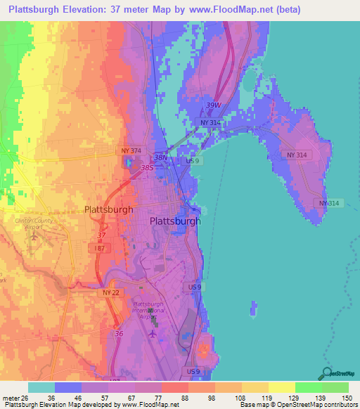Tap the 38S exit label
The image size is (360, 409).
tap(146, 168)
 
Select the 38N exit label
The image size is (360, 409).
tap(161, 158)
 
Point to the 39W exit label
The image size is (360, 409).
tap(212, 105)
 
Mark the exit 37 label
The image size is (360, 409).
tap(102, 235)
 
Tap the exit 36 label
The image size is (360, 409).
tap(118, 334)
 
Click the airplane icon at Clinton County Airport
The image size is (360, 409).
tap(34, 235)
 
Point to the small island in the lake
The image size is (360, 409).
tap(253, 308)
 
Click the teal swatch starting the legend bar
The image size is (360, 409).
tap(41, 387)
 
